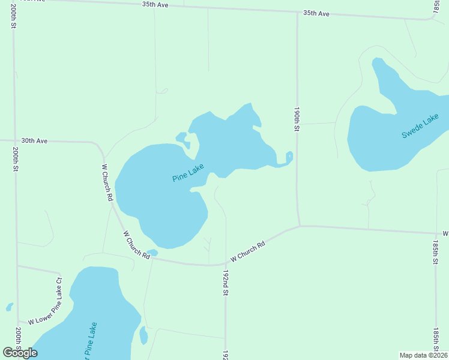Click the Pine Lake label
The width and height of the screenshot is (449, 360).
(188, 173)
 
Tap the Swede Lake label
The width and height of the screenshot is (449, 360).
(420, 128)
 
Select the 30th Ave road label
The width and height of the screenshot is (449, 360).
(34, 141)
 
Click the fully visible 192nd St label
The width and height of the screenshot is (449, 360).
(226, 282)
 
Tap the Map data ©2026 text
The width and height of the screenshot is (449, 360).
(423, 355)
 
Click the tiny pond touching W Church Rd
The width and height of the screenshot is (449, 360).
(152, 253)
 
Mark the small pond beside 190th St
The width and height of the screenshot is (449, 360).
(289, 157)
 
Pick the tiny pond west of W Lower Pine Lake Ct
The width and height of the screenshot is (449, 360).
(10, 307)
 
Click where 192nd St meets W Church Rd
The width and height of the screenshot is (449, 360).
(226, 264)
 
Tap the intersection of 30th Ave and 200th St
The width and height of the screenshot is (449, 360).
(14, 140)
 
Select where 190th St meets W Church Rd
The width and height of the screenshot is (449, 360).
(300, 226)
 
